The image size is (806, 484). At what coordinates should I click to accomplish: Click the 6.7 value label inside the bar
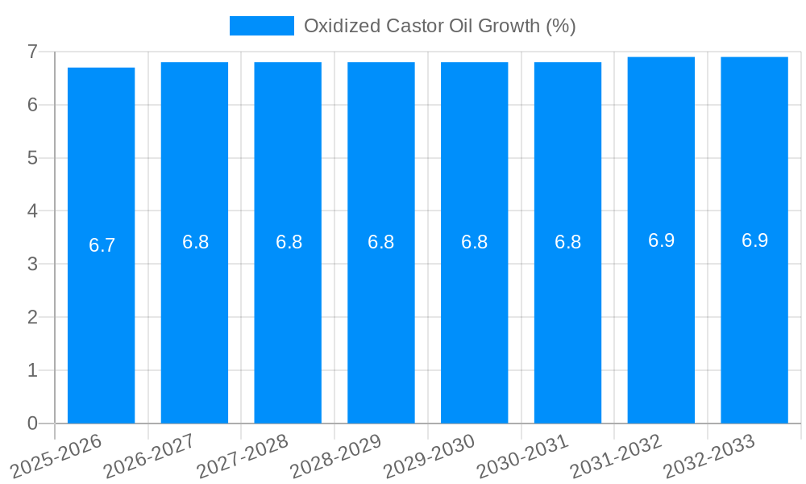[102, 246]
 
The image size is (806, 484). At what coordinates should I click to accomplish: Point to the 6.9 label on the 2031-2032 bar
[661, 240]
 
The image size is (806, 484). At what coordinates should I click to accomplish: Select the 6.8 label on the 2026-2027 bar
[195, 242]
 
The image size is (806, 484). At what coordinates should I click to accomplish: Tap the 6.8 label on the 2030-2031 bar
[567, 242]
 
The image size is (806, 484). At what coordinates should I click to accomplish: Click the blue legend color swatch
[262, 26]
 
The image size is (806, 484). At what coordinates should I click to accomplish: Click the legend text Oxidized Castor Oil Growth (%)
[439, 26]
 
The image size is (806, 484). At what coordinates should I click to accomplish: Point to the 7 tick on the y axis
[32, 52]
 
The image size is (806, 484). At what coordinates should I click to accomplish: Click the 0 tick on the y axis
[32, 423]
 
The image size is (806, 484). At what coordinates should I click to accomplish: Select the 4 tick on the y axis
[32, 211]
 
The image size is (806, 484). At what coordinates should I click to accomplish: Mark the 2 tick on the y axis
[32, 317]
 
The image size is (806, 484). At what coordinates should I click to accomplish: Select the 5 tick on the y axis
[32, 158]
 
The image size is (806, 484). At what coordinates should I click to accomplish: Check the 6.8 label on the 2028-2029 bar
[380, 242]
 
